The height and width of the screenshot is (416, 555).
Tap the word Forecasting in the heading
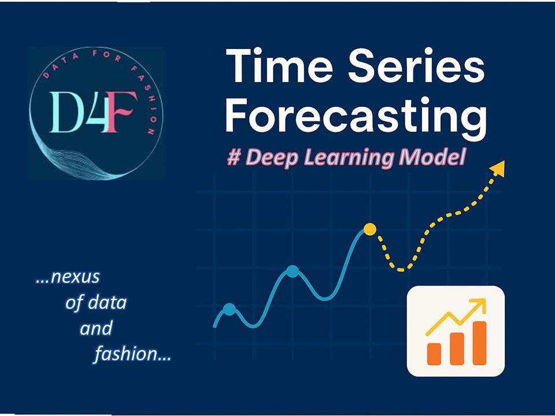point(355,116)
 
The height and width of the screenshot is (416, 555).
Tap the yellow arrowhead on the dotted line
point(498,169)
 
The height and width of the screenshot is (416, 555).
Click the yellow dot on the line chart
point(370,229)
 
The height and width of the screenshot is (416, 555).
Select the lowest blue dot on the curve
point(230,309)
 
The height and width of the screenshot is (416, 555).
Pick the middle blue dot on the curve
point(293,271)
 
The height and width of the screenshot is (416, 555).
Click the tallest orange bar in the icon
point(479,343)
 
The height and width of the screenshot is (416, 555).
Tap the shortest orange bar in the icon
point(434,354)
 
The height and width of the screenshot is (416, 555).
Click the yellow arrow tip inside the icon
point(480,304)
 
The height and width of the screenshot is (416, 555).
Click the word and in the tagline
point(95,328)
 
